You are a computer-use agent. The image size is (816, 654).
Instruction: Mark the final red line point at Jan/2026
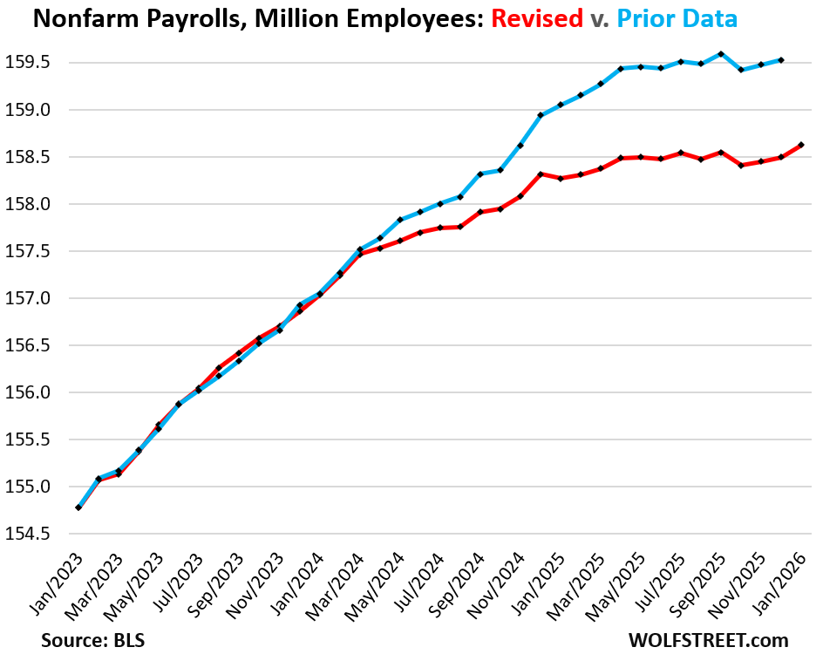coord(801,145)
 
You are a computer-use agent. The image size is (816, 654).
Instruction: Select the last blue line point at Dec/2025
coord(781,60)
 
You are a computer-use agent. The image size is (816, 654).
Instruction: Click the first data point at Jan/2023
coord(79,507)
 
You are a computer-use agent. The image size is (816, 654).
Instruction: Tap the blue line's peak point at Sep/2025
coord(721,54)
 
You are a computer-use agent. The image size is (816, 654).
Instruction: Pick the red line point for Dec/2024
coord(541,174)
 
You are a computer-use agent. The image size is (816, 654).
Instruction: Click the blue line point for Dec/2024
coord(541,115)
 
